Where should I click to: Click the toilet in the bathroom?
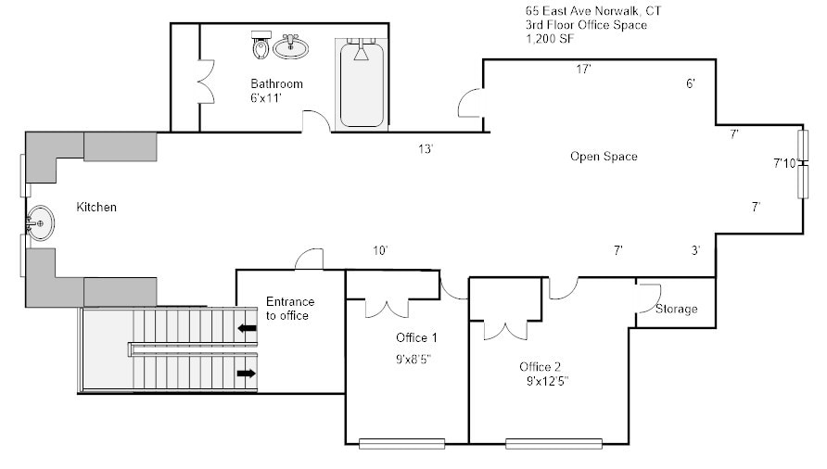pyautogui.click(x=261, y=44)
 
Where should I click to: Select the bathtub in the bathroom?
pyautogui.click(x=361, y=83)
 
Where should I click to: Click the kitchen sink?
pyautogui.click(x=39, y=223)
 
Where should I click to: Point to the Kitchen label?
pyautogui.click(x=96, y=208)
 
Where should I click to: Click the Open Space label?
pyautogui.click(x=604, y=157)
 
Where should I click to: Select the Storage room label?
pyautogui.click(x=676, y=309)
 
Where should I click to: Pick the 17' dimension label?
pyautogui.click(x=583, y=70)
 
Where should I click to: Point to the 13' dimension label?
pyautogui.click(x=426, y=149)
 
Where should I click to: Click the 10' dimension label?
pyautogui.click(x=379, y=250)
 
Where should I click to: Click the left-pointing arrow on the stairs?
pyautogui.click(x=248, y=327)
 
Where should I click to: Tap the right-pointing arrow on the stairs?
pyautogui.click(x=248, y=374)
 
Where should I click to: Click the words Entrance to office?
pyautogui.click(x=290, y=309)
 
